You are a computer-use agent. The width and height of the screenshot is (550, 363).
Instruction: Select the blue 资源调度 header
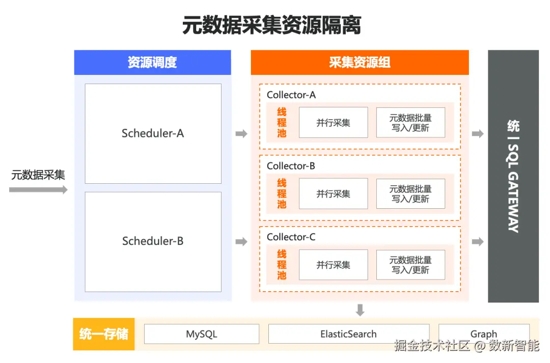click(152, 63)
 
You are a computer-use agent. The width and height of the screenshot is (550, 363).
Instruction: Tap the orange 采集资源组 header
click(360, 63)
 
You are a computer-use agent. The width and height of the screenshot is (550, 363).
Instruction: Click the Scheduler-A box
click(153, 133)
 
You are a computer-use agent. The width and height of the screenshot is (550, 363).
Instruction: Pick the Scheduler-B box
click(153, 241)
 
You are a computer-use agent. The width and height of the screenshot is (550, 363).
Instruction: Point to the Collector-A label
click(291, 95)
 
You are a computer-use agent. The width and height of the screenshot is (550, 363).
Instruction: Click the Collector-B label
click(291, 166)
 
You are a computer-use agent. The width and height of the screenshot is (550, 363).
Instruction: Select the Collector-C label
click(291, 237)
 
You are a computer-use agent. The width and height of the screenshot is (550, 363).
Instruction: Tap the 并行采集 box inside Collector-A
click(333, 123)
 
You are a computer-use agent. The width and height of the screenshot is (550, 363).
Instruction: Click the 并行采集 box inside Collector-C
click(333, 265)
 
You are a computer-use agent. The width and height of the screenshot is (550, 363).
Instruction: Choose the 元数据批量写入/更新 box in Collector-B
click(410, 194)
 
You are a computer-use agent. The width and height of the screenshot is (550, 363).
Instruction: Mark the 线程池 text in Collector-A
click(282, 123)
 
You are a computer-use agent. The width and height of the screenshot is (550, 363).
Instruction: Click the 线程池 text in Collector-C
click(282, 265)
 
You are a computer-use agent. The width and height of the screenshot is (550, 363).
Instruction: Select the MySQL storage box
click(202, 334)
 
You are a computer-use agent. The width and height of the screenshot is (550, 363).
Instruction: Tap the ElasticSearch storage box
click(349, 334)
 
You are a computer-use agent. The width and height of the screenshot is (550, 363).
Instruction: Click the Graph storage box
click(483, 334)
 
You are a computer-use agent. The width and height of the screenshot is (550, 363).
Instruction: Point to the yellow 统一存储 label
click(104, 334)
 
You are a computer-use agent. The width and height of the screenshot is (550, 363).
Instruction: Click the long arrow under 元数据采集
click(38, 190)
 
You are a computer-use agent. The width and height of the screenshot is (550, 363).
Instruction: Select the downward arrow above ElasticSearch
click(360, 310)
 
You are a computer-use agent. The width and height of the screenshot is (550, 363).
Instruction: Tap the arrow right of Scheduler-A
click(241, 134)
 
